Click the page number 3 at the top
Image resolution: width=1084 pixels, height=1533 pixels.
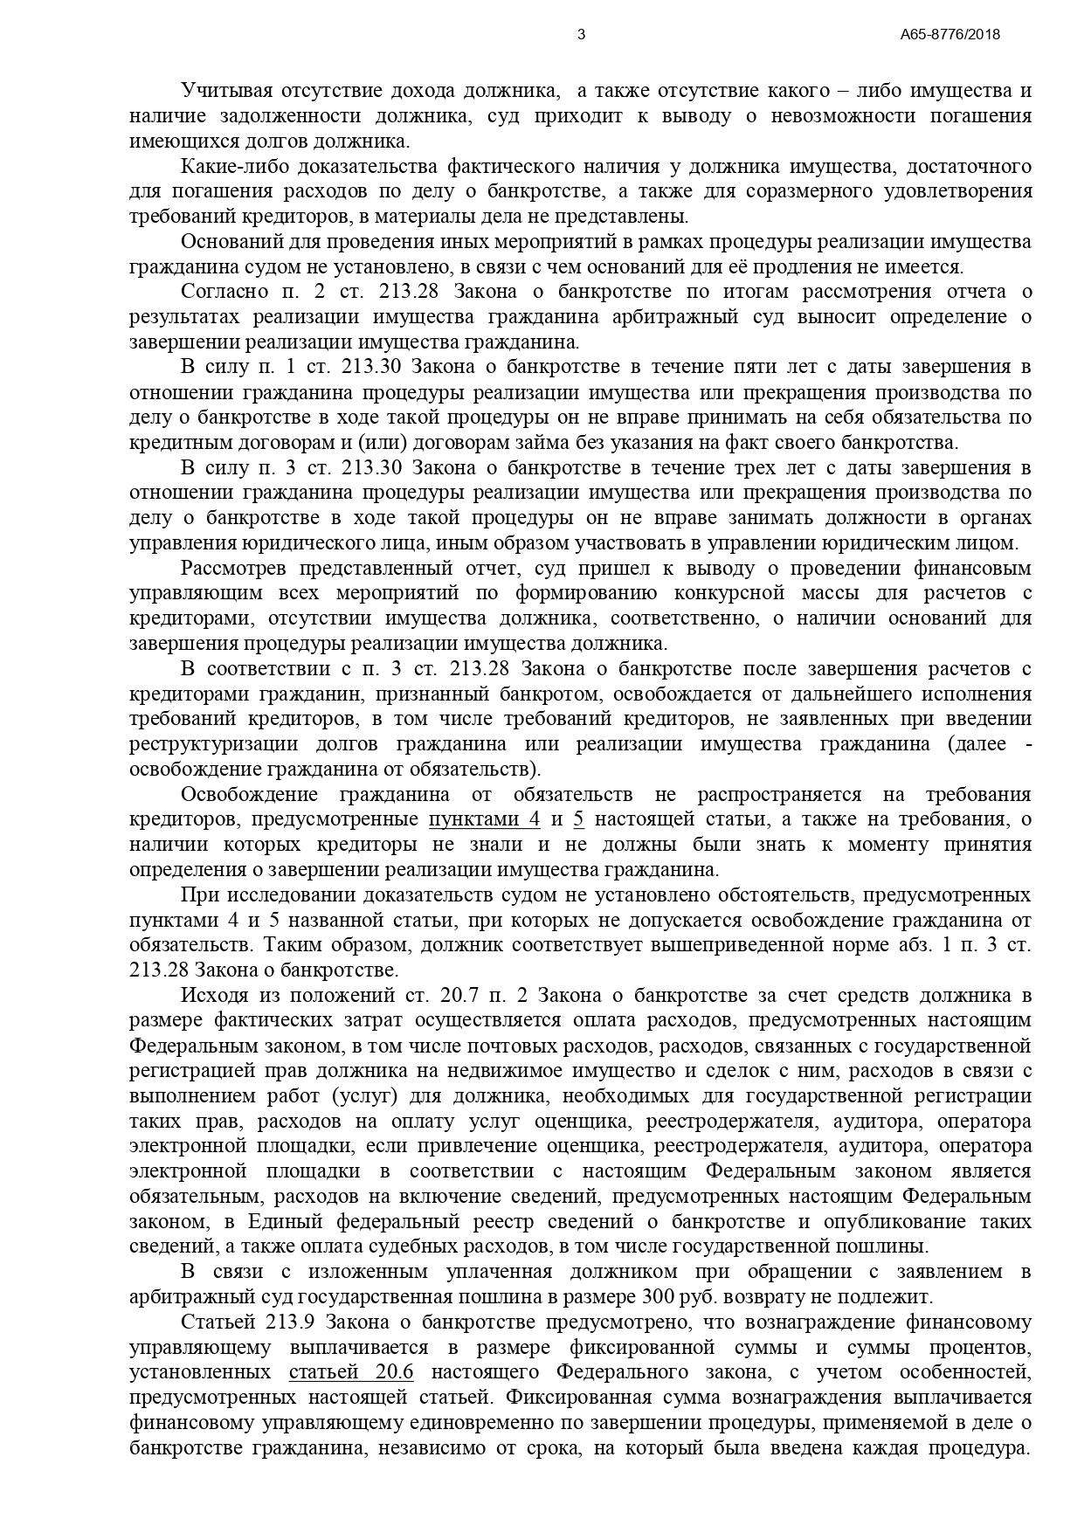click(x=582, y=35)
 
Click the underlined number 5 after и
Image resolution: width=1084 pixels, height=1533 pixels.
click(x=577, y=819)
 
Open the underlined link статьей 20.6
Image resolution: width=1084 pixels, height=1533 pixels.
click(x=350, y=1371)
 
